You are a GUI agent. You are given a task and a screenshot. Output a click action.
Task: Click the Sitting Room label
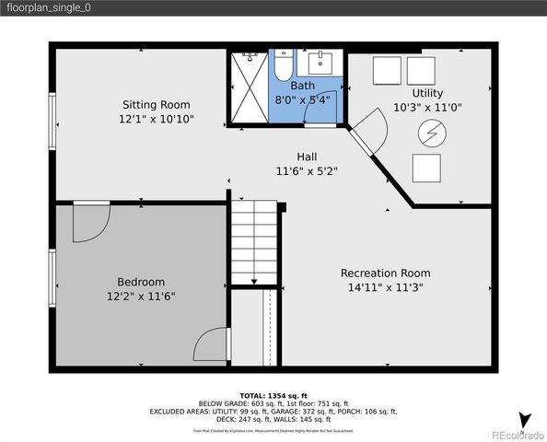tap(157, 104)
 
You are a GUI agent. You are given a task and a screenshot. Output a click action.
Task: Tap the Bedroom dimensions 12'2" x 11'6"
tap(141, 297)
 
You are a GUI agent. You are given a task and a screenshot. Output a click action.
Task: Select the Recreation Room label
tap(385, 273)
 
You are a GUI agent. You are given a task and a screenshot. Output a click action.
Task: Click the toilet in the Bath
tap(282, 65)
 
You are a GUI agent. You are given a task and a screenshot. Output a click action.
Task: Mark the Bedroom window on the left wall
tap(52, 276)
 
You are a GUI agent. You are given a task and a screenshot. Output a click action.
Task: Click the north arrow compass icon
tap(524, 420)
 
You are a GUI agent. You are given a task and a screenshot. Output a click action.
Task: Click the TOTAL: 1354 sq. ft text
tap(273, 393)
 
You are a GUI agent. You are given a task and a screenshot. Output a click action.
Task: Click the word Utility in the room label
tap(427, 93)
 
